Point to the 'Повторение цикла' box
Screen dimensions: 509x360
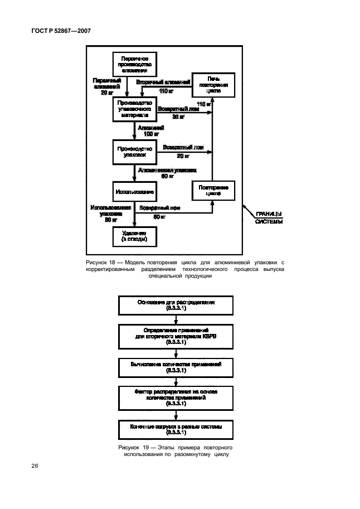213,191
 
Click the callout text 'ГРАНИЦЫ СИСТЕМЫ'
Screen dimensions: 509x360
268,217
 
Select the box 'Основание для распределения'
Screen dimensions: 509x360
176,305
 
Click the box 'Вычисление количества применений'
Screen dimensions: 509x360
176,367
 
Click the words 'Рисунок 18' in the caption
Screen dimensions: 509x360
99,261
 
